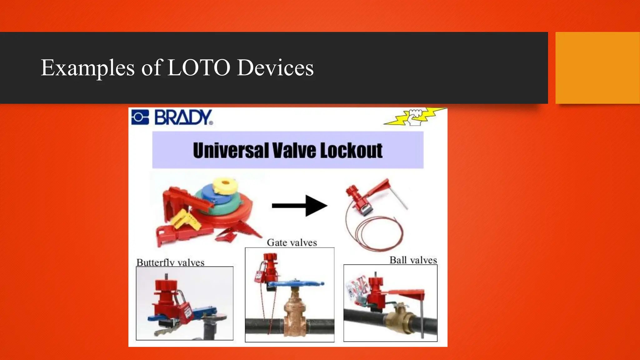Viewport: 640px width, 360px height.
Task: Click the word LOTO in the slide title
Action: [x=199, y=67]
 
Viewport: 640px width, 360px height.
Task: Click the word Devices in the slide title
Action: [x=275, y=67]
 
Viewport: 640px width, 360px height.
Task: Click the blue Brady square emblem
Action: [x=140, y=117]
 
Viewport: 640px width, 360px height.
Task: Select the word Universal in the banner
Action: [x=231, y=151]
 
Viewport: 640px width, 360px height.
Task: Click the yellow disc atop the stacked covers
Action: [x=225, y=185]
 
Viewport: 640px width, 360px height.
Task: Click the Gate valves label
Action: [x=292, y=243]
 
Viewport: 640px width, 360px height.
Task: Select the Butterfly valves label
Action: [x=170, y=262]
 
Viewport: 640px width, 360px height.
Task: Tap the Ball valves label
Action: [x=413, y=260]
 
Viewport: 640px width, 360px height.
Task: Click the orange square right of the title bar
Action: [x=597, y=67]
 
